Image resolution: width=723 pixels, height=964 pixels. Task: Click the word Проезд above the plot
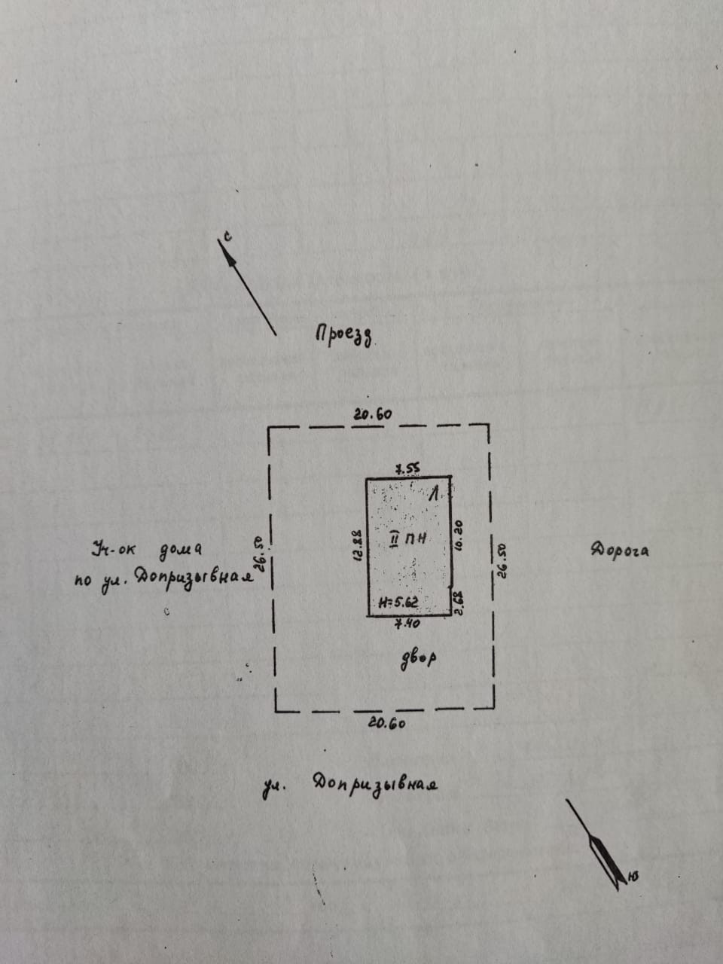(x=345, y=335)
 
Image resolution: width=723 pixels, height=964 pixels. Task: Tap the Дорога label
(x=620, y=550)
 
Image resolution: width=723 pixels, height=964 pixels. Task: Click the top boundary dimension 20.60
(x=372, y=413)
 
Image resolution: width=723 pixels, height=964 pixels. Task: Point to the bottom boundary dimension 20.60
(x=387, y=723)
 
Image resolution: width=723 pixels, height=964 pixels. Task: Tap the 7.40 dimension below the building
(x=407, y=624)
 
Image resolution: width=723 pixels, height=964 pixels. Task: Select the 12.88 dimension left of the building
(x=358, y=545)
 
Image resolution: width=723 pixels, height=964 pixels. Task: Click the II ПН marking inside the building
(x=410, y=538)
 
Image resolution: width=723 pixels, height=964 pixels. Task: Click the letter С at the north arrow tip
(x=228, y=236)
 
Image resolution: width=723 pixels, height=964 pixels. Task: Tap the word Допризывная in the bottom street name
(x=374, y=784)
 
